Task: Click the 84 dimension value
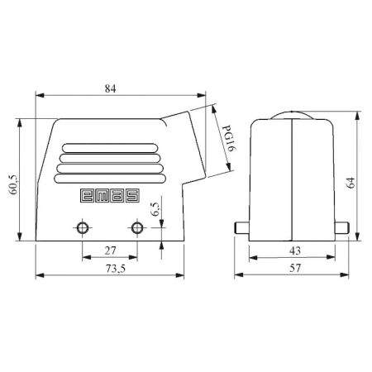click(x=110, y=88)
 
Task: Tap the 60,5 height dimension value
click(x=14, y=184)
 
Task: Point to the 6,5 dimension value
click(x=155, y=209)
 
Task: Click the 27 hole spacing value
click(x=110, y=250)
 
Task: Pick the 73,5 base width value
click(x=116, y=268)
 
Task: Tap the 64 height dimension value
click(x=351, y=183)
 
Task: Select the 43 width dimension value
click(x=295, y=250)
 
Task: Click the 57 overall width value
click(x=295, y=268)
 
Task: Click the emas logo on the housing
click(x=110, y=196)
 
